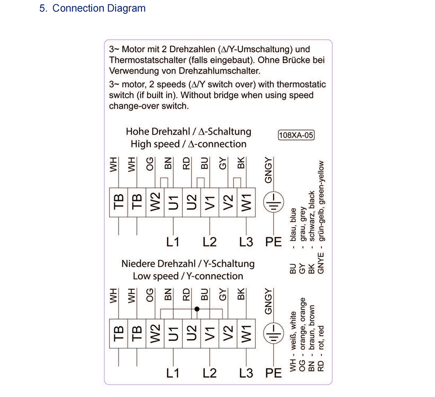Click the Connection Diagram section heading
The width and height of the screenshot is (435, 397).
tap(92, 8)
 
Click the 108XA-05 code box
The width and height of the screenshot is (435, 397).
tap(296, 135)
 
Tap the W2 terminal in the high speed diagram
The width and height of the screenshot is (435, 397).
tap(155, 202)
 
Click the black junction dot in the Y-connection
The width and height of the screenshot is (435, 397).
tap(197, 309)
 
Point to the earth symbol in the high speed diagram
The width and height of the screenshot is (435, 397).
tap(274, 202)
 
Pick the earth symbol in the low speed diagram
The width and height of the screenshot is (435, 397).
tap(274, 333)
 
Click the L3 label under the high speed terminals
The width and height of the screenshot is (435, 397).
tap(246, 242)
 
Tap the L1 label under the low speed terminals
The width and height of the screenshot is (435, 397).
tap(173, 373)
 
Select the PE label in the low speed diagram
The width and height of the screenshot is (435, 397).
tap(274, 373)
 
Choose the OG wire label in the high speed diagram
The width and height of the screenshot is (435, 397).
tap(150, 163)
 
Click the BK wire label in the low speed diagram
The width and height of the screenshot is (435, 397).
tap(241, 294)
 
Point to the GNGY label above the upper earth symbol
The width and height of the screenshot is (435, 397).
tap(268, 170)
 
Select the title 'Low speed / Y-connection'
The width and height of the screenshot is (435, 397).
tap(188, 276)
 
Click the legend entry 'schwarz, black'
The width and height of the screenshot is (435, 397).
tap(311, 216)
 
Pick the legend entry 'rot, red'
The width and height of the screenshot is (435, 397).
tap(321, 337)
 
